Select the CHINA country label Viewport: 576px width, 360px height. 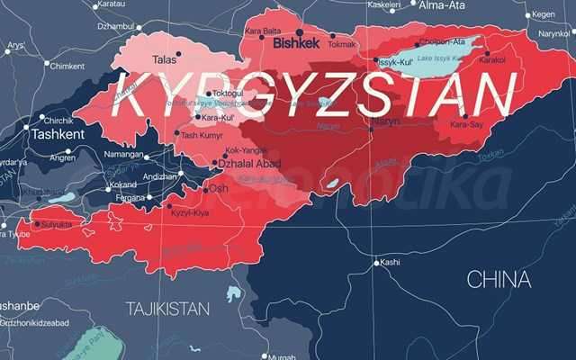click(x=498, y=280)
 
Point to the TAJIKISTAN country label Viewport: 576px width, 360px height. click(x=168, y=308)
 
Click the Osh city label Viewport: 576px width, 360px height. click(x=219, y=189)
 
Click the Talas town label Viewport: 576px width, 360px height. click(x=164, y=60)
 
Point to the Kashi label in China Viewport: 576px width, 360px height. click(x=390, y=262)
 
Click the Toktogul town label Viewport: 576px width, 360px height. click(x=227, y=94)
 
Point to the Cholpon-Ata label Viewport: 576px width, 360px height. click(x=444, y=41)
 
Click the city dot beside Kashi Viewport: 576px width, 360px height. click(x=376, y=263)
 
